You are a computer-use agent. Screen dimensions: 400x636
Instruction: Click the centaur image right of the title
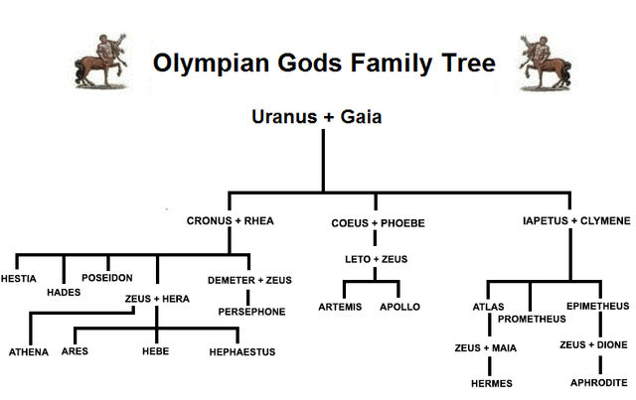pyautogui.click(x=542, y=61)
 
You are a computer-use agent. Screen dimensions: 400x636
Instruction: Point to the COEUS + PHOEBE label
pyautogui.click(x=378, y=223)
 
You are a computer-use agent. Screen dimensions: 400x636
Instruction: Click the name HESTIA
pyautogui.click(x=20, y=278)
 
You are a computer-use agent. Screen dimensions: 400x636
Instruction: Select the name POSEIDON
pyautogui.click(x=108, y=278)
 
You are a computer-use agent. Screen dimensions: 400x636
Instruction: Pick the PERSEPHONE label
pyautogui.click(x=251, y=312)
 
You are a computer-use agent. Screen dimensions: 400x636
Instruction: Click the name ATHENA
pyautogui.click(x=29, y=351)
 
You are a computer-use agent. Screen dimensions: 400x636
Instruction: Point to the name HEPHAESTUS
pyautogui.click(x=242, y=351)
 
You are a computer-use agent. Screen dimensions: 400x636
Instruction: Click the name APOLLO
pyautogui.click(x=399, y=307)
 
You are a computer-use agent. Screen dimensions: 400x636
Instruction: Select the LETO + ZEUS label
pyautogui.click(x=376, y=259)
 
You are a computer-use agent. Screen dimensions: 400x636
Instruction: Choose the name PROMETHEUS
pyautogui.click(x=532, y=319)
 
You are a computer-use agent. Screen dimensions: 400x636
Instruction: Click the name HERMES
pyautogui.click(x=490, y=382)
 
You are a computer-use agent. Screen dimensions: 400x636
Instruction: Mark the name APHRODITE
pyautogui.click(x=599, y=382)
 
